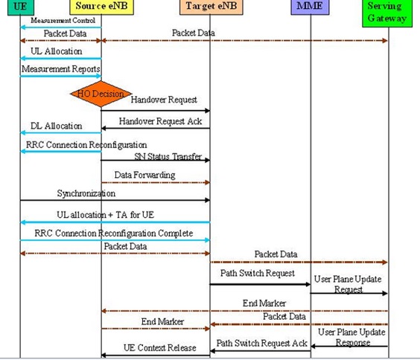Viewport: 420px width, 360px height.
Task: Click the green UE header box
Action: point(20,6)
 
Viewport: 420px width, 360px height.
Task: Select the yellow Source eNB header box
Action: point(101,6)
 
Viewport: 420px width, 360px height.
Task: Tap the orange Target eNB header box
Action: point(210,6)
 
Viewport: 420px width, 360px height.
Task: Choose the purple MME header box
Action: point(311,6)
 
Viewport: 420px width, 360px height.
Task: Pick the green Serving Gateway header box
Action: point(388,12)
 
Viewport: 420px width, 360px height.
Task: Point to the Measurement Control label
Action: point(63,20)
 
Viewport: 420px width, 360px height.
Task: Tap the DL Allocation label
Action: point(57,126)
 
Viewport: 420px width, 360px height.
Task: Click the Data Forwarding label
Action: point(144,175)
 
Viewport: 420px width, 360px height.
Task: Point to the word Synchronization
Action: point(86,193)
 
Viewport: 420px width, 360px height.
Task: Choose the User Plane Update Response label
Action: point(348,337)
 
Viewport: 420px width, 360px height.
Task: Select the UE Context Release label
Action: point(159,347)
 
